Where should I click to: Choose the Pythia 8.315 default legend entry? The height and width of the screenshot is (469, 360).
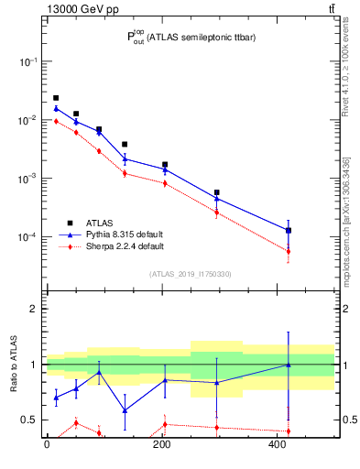pyautogui.click(x=115, y=234)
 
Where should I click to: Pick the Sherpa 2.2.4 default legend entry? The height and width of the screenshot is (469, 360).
pyautogui.click(x=115, y=246)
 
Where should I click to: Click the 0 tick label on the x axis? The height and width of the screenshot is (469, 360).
pyautogui.click(x=47, y=445)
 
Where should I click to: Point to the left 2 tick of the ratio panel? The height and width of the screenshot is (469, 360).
pyautogui.click(x=35, y=309)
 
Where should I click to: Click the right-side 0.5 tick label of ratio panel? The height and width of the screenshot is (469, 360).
pyautogui.click(x=348, y=420)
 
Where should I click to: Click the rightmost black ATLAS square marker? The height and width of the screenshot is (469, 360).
pyautogui.click(x=289, y=230)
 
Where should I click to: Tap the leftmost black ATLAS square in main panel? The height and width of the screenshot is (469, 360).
pyautogui.click(x=56, y=98)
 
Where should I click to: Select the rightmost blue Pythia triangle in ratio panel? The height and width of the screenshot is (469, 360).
pyautogui.click(x=289, y=365)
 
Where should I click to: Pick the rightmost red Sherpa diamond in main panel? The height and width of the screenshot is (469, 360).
pyautogui.click(x=289, y=251)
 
